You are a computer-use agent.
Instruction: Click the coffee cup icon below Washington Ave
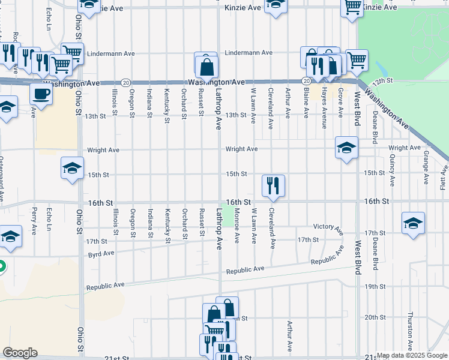41,94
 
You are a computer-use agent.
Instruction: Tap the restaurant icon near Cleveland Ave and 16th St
273,185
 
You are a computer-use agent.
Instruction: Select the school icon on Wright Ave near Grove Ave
346,148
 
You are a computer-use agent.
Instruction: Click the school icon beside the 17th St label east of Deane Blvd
413,223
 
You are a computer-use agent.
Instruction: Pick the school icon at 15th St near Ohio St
72,168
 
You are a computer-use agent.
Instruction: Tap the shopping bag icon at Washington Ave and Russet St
206,65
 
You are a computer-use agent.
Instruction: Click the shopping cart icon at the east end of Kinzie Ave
352,7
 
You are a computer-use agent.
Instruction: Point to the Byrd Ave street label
101,253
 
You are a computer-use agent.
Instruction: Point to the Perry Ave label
34,221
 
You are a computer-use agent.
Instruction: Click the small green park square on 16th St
228,216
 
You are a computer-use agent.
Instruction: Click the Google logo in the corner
20,353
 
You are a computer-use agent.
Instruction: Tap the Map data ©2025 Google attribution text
411,355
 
